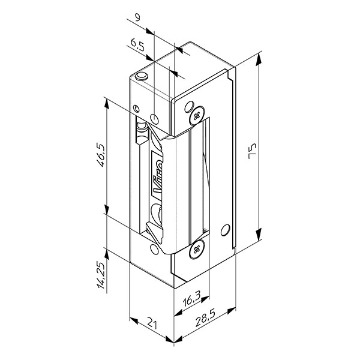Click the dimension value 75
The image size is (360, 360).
(x=253, y=151)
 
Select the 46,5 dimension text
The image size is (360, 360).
(x=101, y=155)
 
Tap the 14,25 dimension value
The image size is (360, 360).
(x=101, y=275)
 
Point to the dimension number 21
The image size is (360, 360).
(x=152, y=323)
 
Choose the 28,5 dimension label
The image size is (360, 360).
(x=205, y=319)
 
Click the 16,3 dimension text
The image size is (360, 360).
(x=192, y=299)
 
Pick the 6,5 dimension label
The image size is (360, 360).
(x=138, y=44)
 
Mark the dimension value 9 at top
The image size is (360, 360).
(x=137, y=17)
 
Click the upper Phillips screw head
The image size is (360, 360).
(x=197, y=116)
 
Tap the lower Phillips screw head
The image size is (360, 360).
(x=197, y=249)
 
